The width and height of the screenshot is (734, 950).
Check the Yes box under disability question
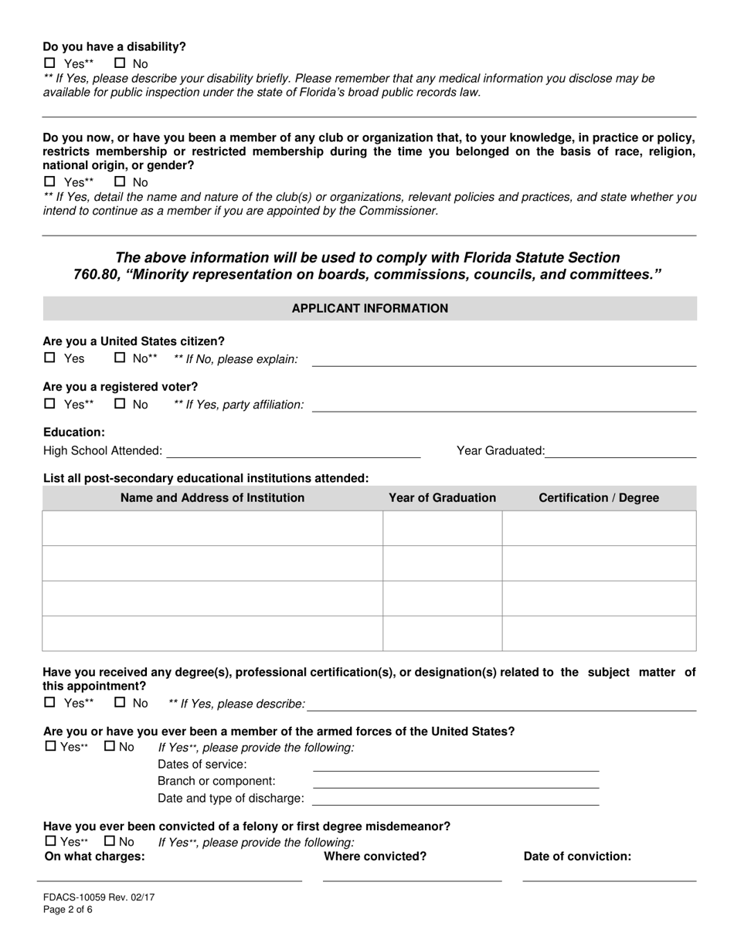pyautogui.click(x=50, y=63)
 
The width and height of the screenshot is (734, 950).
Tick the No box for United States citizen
pyautogui.click(x=120, y=358)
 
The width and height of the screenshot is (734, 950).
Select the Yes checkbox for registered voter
pyautogui.click(x=50, y=404)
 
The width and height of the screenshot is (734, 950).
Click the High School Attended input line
pyautogui.click(x=293, y=452)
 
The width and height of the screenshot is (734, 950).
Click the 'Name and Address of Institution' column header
pyautogui.click(x=212, y=498)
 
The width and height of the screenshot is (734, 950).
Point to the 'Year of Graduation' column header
pyautogui.click(x=442, y=498)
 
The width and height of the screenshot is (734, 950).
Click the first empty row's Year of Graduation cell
pyautogui.click(x=442, y=528)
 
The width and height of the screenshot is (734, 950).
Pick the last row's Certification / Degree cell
pyautogui.click(x=599, y=633)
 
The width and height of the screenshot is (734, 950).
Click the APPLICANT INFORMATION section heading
pyautogui.click(x=369, y=308)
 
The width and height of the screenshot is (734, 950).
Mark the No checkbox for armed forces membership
pyautogui.click(x=110, y=746)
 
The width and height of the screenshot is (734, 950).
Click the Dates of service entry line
pyautogui.click(x=455, y=765)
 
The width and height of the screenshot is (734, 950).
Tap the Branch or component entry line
pyautogui.click(x=455, y=782)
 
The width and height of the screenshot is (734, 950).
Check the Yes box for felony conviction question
pyautogui.click(x=50, y=841)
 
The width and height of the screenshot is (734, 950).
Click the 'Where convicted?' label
pyautogui.click(x=375, y=856)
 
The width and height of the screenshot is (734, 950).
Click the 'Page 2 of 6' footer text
pyautogui.click(x=68, y=910)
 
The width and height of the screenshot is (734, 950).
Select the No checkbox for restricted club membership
pyautogui.click(x=120, y=182)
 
